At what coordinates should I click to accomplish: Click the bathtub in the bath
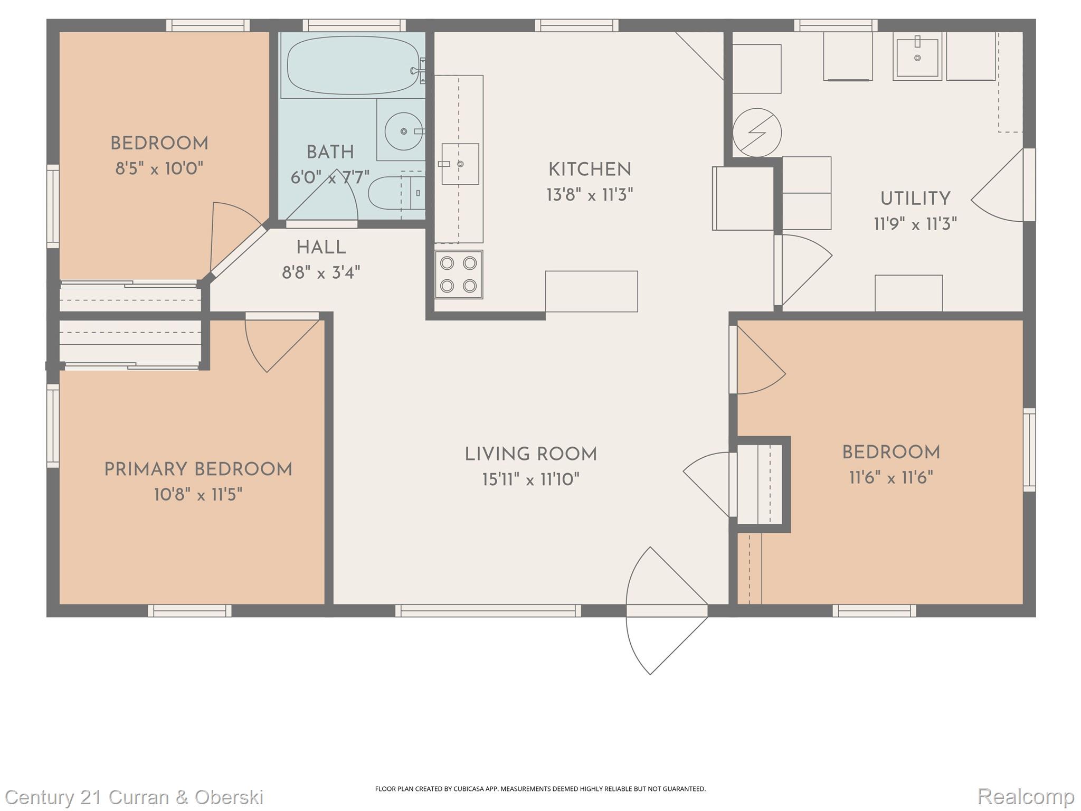[x=353, y=65]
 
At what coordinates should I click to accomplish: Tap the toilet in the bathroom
[x=391, y=193]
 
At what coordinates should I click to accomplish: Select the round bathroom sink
[x=403, y=131]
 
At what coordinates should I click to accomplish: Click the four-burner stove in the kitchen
[x=459, y=275]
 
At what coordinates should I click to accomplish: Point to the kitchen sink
[x=460, y=164]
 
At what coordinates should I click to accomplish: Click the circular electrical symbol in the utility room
[x=757, y=133]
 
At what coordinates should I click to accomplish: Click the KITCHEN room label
[x=590, y=170]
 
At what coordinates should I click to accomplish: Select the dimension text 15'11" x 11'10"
[x=530, y=480]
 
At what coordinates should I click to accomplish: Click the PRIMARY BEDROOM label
[x=198, y=469]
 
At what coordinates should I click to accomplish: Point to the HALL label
[x=321, y=247]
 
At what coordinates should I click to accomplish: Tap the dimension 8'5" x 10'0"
[x=159, y=169]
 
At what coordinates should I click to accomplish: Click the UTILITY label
[x=915, y=199]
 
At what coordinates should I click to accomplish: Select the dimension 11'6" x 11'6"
[x=890, y=478]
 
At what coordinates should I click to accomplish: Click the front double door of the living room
[x=666, y=611]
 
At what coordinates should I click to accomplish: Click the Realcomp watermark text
[x=1025, y=796]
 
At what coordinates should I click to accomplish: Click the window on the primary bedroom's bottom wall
[x=189, y=611]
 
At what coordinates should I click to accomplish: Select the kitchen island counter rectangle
[x=591, y=291]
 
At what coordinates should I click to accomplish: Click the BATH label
[x=330, y=153]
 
